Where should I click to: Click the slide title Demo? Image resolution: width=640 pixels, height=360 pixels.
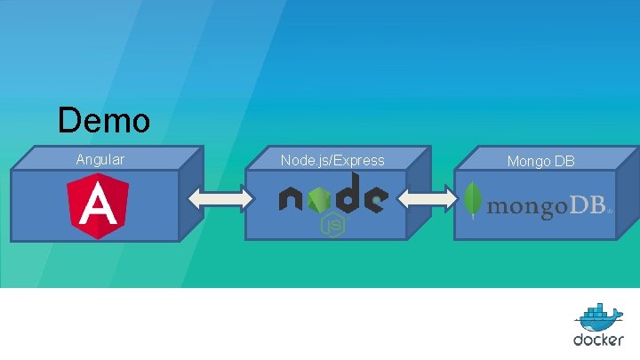click(103, 120)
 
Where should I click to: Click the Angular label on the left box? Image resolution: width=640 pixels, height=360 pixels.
click(100, 160)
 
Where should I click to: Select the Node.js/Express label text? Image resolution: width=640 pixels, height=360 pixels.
click(332, 160)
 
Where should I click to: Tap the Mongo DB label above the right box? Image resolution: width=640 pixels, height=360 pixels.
click(540, 161)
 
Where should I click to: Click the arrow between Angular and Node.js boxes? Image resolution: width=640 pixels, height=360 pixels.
click(221, 200)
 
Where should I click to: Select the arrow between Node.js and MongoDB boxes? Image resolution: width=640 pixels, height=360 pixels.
click(431, 200)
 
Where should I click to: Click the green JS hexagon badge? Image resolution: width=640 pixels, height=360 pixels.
click(332, 226)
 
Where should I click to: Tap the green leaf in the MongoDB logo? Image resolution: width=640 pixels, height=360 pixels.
click(474, 201)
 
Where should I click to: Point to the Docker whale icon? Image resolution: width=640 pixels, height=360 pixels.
click(598, 318)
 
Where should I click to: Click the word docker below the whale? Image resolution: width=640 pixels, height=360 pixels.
click(598, 340)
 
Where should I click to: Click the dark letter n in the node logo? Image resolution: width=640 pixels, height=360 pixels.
click(292, 198)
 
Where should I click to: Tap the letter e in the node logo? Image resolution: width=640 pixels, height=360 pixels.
click(374, 199)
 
